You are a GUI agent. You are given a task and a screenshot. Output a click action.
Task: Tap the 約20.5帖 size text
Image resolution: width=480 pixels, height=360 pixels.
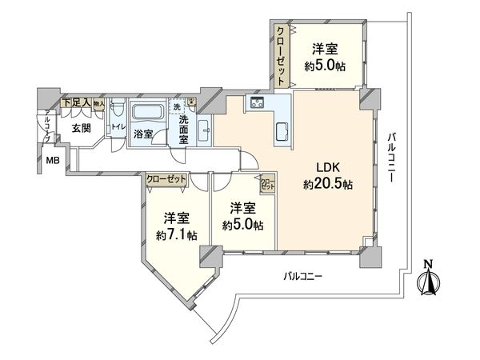(x=328, y=184)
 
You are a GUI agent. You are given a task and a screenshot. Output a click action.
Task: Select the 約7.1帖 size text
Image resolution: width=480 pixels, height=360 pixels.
(x=176, y=235)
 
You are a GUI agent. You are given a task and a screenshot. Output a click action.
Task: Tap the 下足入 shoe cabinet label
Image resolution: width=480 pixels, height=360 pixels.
(x=78, y=102)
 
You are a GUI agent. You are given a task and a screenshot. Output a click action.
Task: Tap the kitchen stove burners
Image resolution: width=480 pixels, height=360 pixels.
(x=258, y=102)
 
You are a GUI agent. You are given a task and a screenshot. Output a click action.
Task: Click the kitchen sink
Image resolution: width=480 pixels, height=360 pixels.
(x=284, y=131)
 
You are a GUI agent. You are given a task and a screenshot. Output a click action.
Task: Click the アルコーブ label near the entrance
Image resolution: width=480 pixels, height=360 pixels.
(x=46, y=128)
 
